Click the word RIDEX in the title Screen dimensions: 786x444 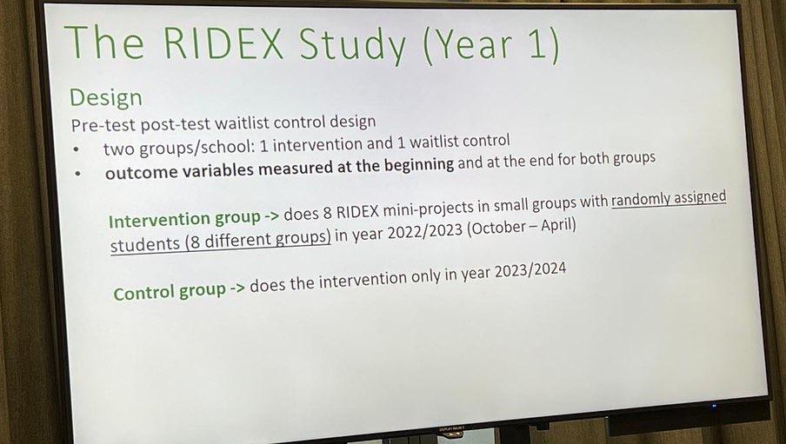point(223,43)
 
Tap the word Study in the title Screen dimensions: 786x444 point(353,46)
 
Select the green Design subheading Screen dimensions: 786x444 point(106,97)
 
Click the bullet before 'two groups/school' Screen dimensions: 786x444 point(76,149)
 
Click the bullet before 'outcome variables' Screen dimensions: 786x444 point(77,174)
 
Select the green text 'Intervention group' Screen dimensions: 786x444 point(184,220)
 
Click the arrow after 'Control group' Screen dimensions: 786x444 point(237,288)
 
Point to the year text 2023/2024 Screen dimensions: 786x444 point(530,271)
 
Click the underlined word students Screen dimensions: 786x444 point(145,244)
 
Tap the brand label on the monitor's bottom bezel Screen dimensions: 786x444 point(451,429)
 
